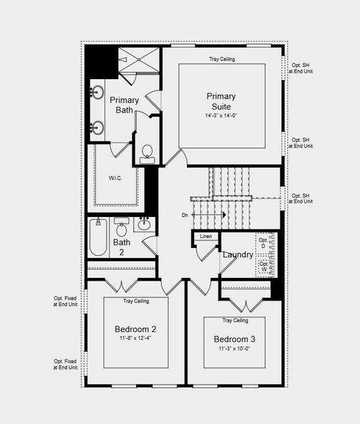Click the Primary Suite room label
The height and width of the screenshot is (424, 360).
coord(221,102)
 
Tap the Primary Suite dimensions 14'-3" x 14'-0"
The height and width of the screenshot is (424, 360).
coord(221,115)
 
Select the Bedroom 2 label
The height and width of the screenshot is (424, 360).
coord(136,329)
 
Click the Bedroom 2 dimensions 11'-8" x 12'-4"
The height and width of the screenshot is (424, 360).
coord(136,338)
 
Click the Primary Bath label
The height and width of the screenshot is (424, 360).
coord(124,105)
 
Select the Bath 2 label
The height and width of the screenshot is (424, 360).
coord(121,247)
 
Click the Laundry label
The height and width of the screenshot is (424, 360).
coord(238,254)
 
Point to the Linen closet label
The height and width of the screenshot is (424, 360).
coord(206,236)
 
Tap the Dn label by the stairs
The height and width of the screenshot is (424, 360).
coord(185,215)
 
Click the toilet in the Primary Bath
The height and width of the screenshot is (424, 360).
coord(148,153)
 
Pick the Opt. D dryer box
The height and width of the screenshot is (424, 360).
coord(264,243)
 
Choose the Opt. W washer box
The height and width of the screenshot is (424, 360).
coord(264,266)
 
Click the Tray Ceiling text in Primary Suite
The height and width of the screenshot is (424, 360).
coord(222,59)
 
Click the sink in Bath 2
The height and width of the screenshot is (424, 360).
coord(144,225)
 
